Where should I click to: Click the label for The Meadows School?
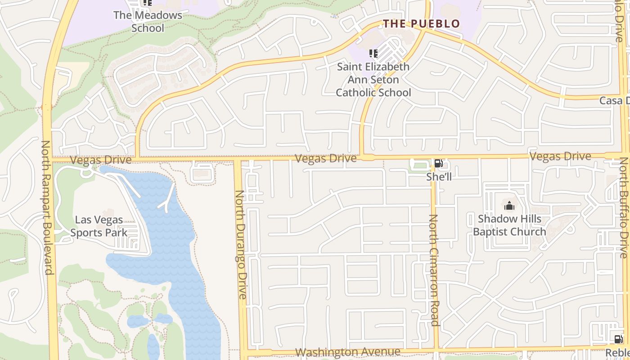[x=148, y=21]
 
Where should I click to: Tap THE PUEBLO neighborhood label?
[x=421, y=23]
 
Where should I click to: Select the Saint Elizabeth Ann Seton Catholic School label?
[x=373, y=80]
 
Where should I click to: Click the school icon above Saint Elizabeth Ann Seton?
[x=373, y=54]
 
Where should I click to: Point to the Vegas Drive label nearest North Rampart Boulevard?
[x=101, y=160]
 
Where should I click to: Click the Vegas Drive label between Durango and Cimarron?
[x=326, y=158]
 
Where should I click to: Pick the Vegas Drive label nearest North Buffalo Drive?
[x=560, y=157]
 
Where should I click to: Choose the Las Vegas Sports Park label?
[x=99, y=226]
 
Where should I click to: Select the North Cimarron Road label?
[x=433, y=270]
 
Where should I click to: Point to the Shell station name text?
[x=439, y=177]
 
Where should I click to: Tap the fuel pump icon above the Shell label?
[x=438, y=164]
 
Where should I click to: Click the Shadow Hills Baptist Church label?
[x=509, y=225]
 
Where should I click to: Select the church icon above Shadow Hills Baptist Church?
[x=509, y=206]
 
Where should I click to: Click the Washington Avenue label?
[x=348, y=352]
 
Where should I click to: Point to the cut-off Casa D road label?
[x=614, y=101]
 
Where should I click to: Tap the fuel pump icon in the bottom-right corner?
[x=618, y=339]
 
